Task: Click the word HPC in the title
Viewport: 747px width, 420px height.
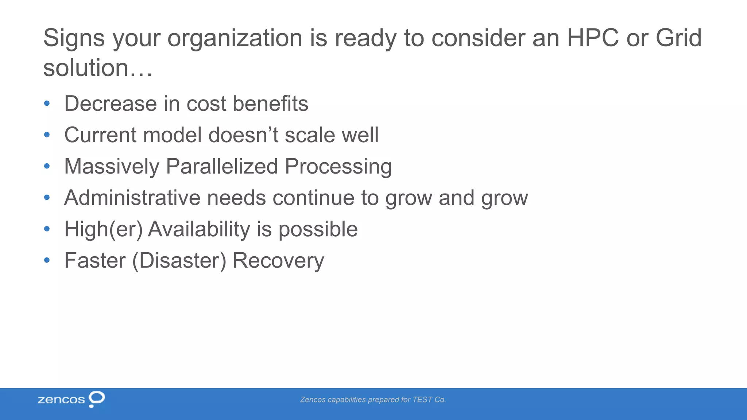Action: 593,38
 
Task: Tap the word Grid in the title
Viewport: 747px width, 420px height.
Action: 678,38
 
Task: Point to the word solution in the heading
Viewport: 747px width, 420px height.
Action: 86,68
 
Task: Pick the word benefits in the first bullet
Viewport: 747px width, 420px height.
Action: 270,104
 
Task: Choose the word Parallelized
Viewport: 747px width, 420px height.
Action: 222,166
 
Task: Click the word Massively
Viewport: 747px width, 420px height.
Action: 112,166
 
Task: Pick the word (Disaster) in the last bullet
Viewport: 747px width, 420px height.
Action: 179,260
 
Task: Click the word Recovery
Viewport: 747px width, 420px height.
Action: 278,260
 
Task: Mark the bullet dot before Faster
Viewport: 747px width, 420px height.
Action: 47,260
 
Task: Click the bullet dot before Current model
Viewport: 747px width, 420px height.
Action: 47,135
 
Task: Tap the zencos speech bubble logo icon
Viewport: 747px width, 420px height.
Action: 97,399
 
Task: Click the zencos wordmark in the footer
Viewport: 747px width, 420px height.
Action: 61,400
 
